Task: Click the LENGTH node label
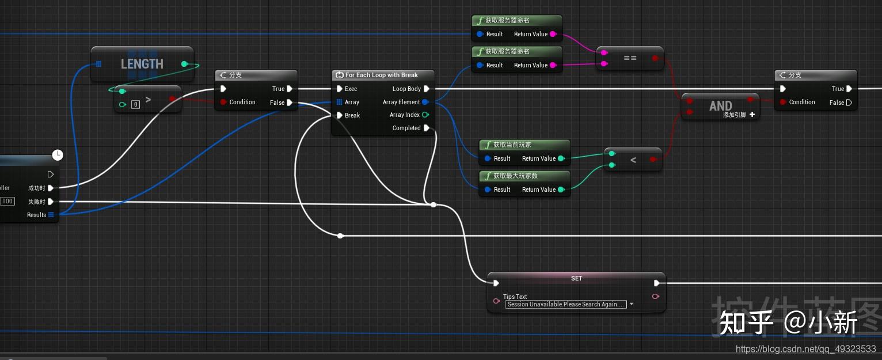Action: [142, 64]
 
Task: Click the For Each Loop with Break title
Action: [381, 75]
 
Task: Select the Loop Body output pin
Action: [427, 89]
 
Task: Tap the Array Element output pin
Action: [425, 103]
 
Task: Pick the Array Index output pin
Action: [425, 115]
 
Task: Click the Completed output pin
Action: [427, 128]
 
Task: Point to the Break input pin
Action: [340, 116]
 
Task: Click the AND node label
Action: [720, 106]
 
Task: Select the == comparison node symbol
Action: [630, 59]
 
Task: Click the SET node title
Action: [576, 279]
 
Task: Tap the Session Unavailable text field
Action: [566, 305]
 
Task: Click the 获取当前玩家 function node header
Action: [512, 145]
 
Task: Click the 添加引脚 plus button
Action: [752, 115]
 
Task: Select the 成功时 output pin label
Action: [37, 188]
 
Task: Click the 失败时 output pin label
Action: [37, 202]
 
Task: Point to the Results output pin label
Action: [36, 215]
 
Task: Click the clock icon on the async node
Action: [57, 155]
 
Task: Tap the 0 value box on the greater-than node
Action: [135, 105]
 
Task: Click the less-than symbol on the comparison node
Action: [633, 160]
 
